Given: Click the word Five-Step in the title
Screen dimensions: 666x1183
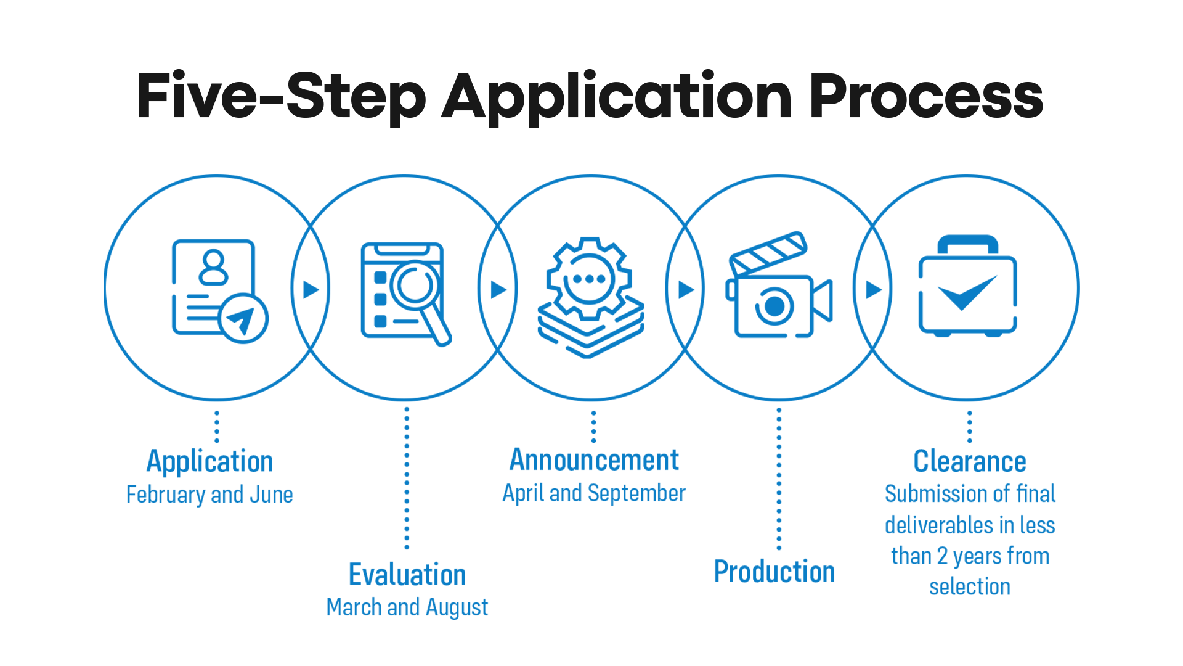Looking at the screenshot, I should pos(280,97).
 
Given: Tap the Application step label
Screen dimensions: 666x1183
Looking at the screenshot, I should pos(209,462).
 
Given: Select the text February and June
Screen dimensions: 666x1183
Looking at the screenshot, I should pos(209,495).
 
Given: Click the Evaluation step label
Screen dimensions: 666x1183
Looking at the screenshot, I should pos(407,575).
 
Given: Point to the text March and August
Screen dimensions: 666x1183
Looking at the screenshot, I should pos(407,607).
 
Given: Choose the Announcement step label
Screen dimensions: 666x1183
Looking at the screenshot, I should pos(594,460).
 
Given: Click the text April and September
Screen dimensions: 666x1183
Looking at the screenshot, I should pos(594,493).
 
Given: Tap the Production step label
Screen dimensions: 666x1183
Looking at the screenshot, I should pos(774,572).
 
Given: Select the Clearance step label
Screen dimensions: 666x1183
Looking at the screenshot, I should pos(970,461).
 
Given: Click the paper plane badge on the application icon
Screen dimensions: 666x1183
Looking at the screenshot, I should pos(244,318).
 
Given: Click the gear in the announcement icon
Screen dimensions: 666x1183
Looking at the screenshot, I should pos(589,279).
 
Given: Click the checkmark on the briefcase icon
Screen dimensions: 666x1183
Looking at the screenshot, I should pos(966,292).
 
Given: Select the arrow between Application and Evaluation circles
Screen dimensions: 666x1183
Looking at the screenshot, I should pos(311,289).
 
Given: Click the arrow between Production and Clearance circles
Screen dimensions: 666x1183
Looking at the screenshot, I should pos(874,289).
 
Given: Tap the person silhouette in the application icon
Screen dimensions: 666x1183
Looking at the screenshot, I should pos(214,266).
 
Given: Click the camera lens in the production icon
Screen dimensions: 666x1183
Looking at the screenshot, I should pos(774,306).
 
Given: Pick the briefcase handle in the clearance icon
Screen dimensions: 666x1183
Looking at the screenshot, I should pos(967,244).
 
